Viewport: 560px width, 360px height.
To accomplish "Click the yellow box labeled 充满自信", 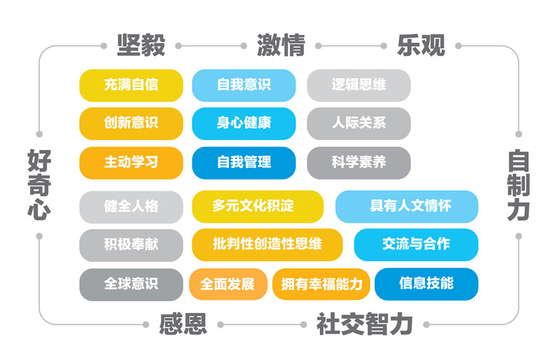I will coord(131,85).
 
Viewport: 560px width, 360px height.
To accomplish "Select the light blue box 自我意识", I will coord(244,85).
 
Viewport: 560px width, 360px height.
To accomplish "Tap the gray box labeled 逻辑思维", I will coord(358,85).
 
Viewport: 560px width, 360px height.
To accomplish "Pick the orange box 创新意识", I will coord(131,123).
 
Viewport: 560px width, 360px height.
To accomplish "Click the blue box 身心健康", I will coord(244,123).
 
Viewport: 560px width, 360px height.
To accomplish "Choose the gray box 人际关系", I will coord(358,123).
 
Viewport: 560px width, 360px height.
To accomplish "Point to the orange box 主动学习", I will coord(131,162).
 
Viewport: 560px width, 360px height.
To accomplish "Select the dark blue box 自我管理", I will coord(244,162).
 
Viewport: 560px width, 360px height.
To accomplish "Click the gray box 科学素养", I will coord(358,162).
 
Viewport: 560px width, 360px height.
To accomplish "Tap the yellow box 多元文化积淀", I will coord(258,206).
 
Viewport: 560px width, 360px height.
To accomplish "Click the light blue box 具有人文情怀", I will coord(407,206).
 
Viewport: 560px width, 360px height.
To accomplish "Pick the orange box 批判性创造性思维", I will coord(267,244).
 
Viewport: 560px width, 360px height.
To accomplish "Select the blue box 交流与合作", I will coord(416,244).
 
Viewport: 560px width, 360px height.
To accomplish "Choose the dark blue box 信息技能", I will coord(426,284).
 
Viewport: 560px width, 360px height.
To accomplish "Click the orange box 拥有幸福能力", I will coord(321,284).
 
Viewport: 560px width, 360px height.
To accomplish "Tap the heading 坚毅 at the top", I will coord(141,45).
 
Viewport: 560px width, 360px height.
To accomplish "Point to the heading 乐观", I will coord(421,45).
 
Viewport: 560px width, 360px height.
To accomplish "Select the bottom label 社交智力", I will coord(364,324).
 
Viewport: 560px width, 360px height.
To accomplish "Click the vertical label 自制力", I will coord(519,184).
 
